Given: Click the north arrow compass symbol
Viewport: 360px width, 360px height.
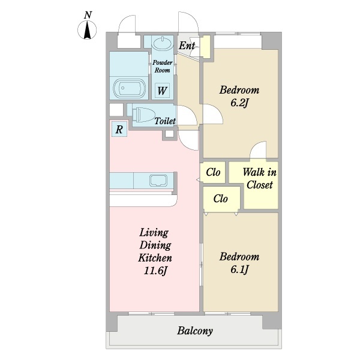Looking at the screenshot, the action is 87,30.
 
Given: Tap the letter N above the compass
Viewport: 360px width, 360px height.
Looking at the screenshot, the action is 88,15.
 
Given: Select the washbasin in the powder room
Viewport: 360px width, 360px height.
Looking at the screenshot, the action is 163,43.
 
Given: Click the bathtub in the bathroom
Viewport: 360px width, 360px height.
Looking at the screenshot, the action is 129,89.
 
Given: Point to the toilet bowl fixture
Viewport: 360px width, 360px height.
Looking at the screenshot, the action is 143,115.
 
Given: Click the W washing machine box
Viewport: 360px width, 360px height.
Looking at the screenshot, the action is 162,91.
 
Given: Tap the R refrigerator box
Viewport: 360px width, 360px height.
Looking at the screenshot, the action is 119,129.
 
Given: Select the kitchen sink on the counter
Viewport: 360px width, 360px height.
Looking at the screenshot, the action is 158,181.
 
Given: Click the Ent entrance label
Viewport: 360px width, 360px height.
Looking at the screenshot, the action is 187,46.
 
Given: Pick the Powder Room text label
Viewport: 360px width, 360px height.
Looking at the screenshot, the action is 163,67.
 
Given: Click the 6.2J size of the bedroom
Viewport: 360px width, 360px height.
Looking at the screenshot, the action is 239,103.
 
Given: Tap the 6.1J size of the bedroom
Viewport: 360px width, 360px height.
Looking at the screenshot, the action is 239,269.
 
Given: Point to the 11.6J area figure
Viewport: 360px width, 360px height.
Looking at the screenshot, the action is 155,271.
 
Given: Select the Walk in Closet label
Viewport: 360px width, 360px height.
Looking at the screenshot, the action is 260,178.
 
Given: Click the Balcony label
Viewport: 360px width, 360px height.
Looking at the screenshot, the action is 194,331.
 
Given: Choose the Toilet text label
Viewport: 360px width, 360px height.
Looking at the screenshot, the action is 165,121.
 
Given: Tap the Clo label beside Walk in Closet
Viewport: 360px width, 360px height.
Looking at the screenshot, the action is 213,172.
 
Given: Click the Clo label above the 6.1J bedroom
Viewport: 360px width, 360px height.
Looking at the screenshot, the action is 220,199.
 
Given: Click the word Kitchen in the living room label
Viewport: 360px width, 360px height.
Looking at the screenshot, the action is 155,258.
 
